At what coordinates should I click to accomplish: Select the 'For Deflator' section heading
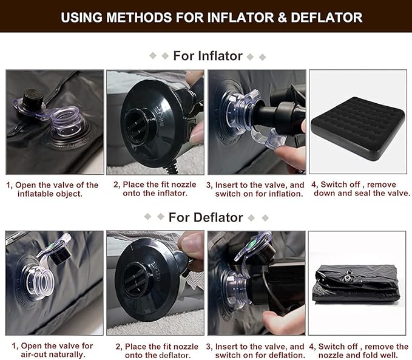(x=206, y=217)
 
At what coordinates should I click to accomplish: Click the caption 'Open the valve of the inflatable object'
(x=53, y=189)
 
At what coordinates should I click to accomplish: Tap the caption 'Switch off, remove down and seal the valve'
(x=360, y=189)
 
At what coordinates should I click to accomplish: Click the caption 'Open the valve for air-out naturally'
(x=53, y=350)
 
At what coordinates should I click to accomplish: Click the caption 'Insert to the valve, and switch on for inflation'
(x=255, y=189)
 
